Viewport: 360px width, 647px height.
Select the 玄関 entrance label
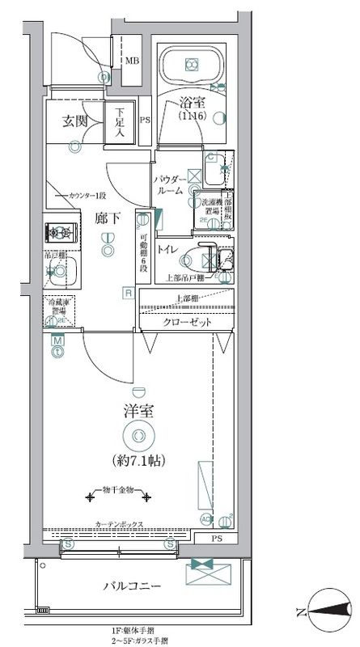(x=75, y=121)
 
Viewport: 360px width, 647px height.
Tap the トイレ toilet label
(x=167, y=249)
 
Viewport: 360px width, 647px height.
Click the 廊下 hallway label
(x=107, y=218)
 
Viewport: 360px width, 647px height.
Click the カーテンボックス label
(x=119, y=524)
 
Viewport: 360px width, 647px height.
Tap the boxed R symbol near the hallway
(x=128, y=293)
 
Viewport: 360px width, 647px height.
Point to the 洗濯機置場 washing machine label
(x=211, y=209)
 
